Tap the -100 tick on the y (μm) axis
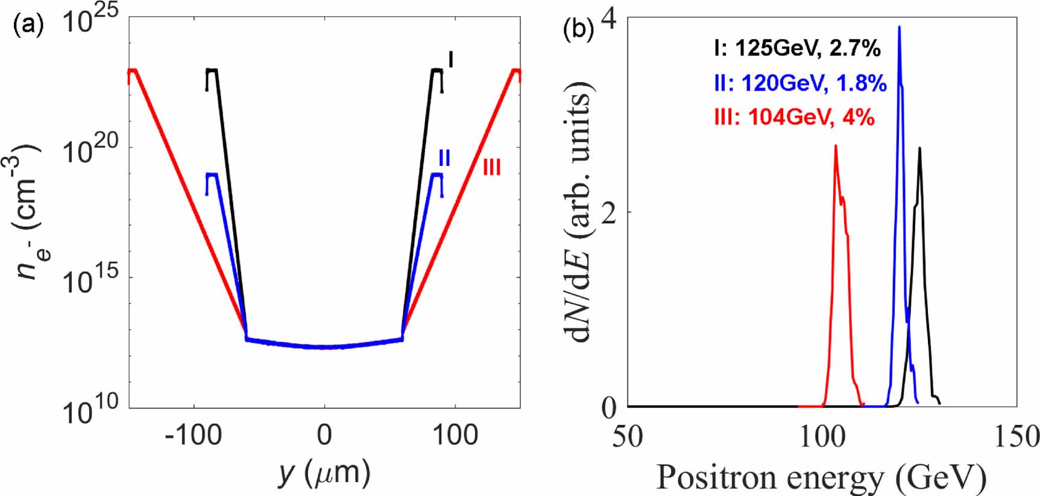[x=194, y=435]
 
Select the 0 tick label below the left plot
[x=324, y=435]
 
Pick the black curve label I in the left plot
[x=450, y=60]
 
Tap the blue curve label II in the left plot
[x=444, y=158]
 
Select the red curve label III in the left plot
[x=491, y=167]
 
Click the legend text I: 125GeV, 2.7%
[x=797, y=48]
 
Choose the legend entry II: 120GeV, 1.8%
[x=800, y=83]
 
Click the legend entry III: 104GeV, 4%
[x=793, y=116]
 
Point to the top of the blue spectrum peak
[x=900, y=28]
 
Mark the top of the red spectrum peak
[x=836, y=146]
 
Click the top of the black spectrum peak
[x=919, y=148]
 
